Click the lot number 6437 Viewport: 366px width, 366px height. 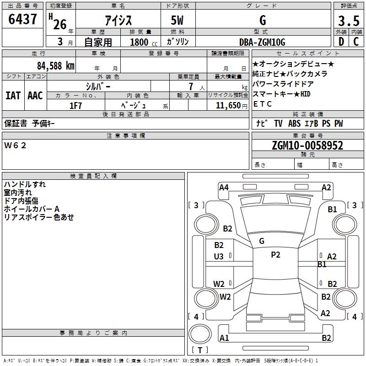(x=22, y=19)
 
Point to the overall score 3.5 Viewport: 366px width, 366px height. (x=349, y=21)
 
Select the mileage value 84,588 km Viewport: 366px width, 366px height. (x=56, y=66)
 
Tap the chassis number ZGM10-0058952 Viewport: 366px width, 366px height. (x=307, y=145)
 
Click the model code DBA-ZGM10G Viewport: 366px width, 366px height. (x=262, y=42)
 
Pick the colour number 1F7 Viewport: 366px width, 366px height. (x=75, y=106)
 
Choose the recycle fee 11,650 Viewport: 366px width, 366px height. (x=228, y=106)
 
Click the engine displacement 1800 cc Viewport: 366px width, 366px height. (x=144, y=42)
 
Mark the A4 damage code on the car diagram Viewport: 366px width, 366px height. (x=224, y=188)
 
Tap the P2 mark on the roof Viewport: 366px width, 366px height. (x=275, y=255)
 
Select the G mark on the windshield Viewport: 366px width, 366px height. (x=262, y=241)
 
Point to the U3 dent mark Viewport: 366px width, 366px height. (x=219, y=257)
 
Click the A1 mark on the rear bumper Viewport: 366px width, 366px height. (x=224, y=338)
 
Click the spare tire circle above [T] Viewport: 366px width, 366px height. (x=200, y=334)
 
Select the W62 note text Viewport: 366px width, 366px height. (x=15, y=145)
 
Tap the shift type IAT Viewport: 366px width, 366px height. (x=13, y=96)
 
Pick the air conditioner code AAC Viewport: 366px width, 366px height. (x=35, y=96)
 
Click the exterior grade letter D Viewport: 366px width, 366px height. (x=341, y=42)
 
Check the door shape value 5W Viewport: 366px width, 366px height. (x=177, y=20)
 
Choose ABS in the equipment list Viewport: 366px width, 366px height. (x=294, y=123)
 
